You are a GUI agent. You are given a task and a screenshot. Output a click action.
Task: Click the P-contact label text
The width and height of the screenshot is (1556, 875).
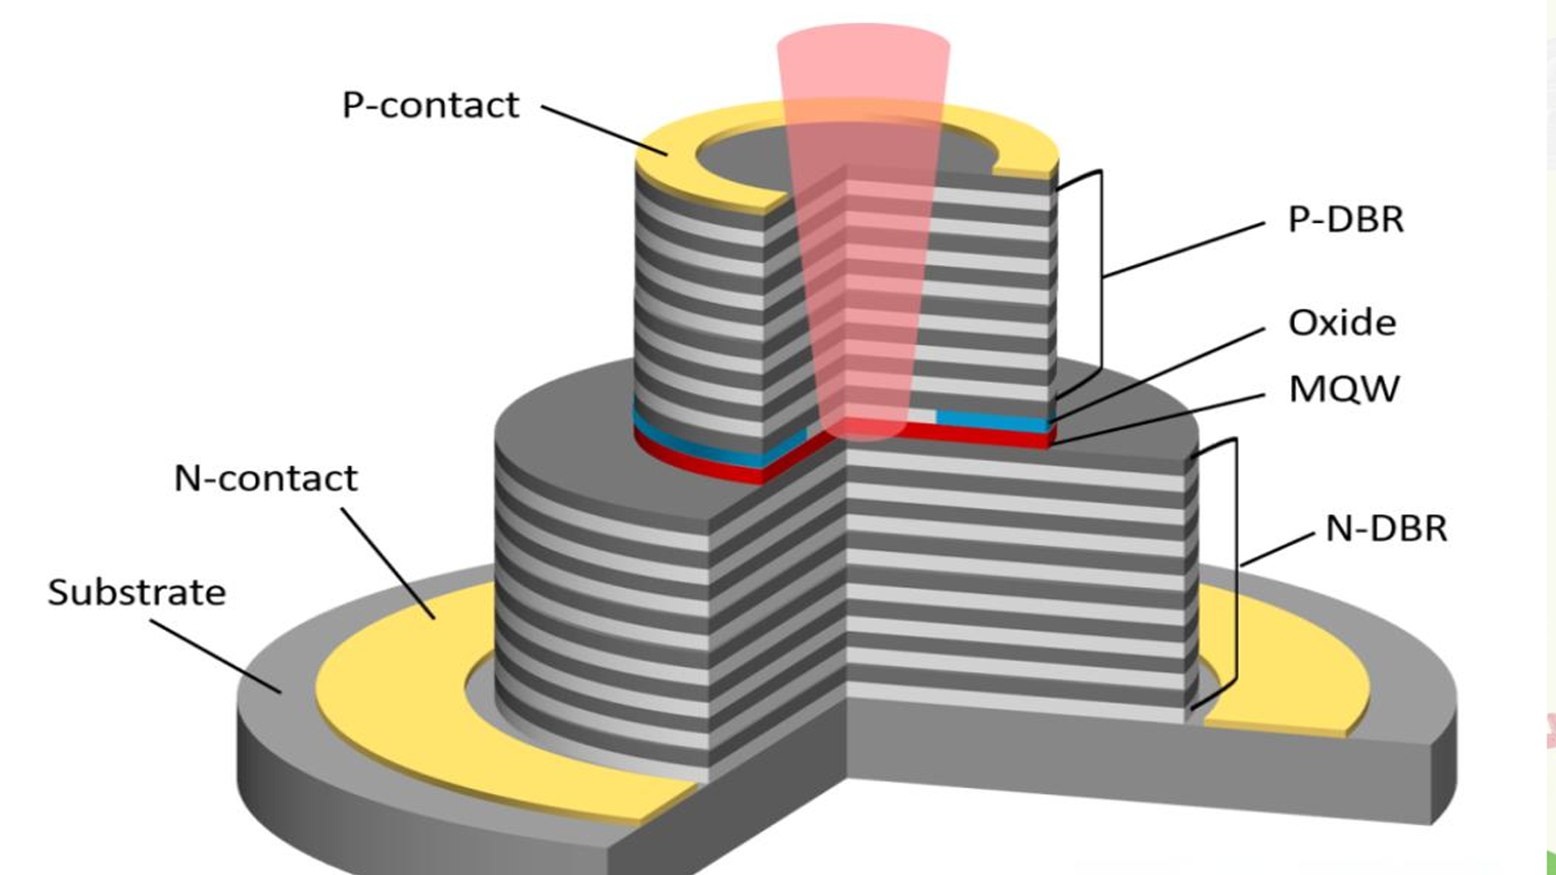pos(430,106)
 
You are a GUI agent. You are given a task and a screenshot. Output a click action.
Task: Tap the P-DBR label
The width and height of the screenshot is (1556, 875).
pos(1345,220)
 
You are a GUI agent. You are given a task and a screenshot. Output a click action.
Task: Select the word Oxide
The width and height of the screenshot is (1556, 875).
pos(1342,323)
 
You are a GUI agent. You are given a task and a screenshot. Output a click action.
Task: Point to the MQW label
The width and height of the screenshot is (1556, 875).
pos(1344,390)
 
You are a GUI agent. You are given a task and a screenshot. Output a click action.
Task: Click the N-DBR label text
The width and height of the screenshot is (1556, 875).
pos(1386,529)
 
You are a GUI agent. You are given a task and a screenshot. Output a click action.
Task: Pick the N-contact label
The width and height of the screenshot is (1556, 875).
pos(266,479)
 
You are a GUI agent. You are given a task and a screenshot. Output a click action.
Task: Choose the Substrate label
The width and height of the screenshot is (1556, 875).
pos(137,593)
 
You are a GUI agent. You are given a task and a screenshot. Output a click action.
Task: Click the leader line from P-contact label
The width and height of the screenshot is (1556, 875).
pos(604,130)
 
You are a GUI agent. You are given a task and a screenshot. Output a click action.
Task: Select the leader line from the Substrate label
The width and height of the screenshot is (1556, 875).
pos(215,656)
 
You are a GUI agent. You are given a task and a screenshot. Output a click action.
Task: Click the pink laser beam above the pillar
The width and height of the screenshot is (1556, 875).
pos(863,73)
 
